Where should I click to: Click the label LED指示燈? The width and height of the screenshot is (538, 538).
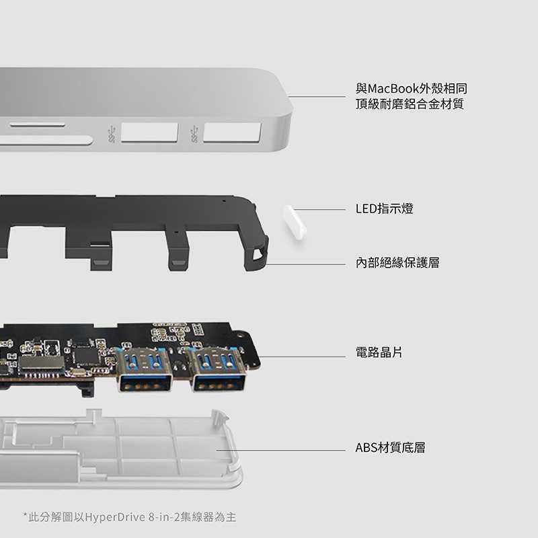tap(384, 209)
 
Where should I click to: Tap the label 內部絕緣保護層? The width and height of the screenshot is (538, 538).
tap(397, 263)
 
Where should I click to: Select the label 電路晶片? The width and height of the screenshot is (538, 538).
tap(379, 352)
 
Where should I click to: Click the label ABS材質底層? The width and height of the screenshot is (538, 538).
tap(390, 447)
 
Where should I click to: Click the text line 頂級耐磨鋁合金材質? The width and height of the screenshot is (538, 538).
tap(410, 104)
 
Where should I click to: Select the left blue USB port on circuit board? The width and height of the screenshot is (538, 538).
tap(143, 369)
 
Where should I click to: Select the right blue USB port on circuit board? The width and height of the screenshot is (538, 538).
tap(218, 369)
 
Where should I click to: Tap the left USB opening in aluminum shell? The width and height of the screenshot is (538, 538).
tap(149, 132)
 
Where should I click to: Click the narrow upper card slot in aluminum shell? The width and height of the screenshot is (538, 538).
tap(38, 124)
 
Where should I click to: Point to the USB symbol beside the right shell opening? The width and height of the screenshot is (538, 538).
tap(195, 133)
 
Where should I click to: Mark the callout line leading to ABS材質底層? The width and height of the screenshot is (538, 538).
tap(282, 451)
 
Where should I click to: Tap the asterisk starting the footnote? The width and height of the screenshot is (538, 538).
tap(26, 516)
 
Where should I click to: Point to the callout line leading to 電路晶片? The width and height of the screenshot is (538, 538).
tap(303, 356)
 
